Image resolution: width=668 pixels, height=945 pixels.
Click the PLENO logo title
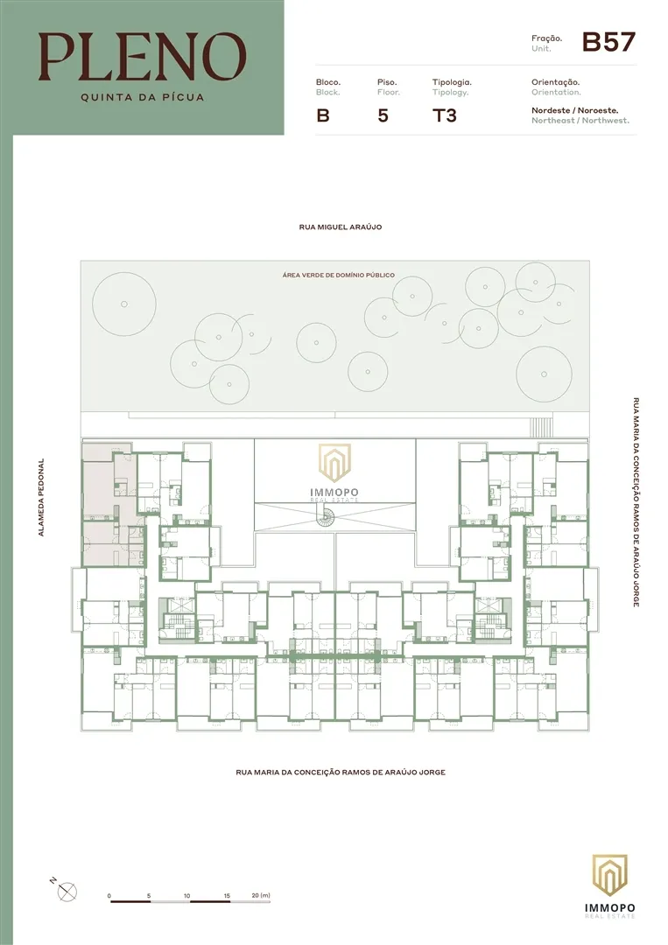click(143, 57)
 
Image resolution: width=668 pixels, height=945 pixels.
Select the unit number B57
click(609, 42)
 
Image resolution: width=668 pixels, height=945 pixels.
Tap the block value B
click(323, 115)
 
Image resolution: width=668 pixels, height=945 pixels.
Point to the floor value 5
click(383, 115)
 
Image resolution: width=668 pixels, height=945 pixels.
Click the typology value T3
click(445, 115)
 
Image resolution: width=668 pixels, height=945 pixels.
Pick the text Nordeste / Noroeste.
click(574, 110)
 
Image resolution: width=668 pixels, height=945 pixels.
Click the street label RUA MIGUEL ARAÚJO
click(340, 227)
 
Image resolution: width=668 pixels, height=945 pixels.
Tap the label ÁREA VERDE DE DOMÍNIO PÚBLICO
click(338, 275)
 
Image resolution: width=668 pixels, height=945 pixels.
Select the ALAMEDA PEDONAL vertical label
click(41, 497)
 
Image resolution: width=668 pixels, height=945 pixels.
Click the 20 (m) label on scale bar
click(261, 896)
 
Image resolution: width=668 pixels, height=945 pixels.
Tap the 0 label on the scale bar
click(109, 896)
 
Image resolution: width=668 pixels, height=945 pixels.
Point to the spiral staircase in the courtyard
click(327, 516)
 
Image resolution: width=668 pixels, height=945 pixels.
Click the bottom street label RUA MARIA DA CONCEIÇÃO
click(341, 772)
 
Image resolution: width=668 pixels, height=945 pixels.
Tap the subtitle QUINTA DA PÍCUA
click(143, 97)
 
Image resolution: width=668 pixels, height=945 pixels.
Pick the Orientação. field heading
click(555, 82)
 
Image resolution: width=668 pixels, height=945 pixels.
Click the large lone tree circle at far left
click(124, 304)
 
